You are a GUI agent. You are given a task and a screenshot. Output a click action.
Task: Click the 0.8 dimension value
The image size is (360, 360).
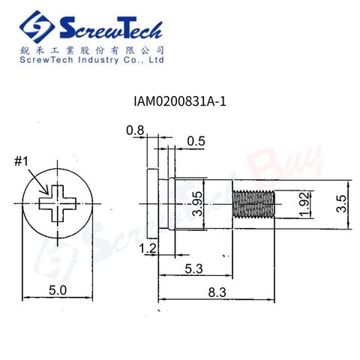pyautogui.click(x=135, y=130)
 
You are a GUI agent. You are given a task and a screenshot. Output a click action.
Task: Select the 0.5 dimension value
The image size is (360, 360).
pyautogui.click(x=196, y=141)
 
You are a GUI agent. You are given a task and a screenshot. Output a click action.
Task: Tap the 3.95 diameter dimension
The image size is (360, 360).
pyautogui.click(x=198, y=203)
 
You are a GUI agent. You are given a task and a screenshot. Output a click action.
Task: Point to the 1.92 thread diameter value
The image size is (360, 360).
pyautogui.click(x=305, y=204)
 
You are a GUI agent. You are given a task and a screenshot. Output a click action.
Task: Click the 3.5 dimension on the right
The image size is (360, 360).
pyautogui.click(x=341, y=204)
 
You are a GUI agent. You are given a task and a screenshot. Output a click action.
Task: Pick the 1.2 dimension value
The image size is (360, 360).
pyautogui.click(x=148, y=248)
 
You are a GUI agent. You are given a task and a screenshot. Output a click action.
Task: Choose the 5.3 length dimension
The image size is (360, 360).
pyautogui.click(x=193, y=269)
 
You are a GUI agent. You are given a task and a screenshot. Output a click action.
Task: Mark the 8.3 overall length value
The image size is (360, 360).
pyautogui.click(x=217, y=292)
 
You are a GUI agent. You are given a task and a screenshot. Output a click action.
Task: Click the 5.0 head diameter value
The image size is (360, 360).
pyautogui.click(x=58, y=290)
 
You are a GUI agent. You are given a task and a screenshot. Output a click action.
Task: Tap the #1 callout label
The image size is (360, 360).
pyautogui.click(x=22, y=161)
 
